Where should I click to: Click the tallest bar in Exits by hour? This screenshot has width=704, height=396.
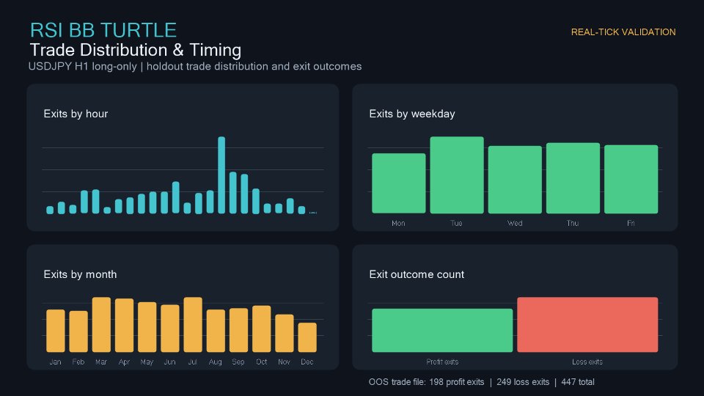221,175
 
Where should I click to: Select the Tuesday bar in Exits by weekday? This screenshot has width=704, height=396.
457,175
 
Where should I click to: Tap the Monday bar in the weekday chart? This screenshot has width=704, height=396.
399,183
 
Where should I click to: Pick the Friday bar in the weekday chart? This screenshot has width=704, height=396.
631,179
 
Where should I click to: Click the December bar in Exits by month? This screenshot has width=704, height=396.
307,337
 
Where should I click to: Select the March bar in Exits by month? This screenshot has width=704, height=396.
101,325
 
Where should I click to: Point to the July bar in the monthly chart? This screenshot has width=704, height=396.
193,325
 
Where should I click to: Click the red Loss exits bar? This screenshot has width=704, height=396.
587,325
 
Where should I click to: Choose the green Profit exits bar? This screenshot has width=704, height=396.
442,331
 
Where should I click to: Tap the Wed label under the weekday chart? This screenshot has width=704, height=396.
515,223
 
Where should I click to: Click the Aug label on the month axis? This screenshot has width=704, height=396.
215,362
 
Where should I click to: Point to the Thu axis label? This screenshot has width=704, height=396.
573,223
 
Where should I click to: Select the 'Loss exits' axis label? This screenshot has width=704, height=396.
587,362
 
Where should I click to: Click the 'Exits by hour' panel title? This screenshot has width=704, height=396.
76,114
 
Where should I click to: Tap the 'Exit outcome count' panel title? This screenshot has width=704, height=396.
417,274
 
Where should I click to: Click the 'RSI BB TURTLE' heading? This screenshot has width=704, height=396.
103,31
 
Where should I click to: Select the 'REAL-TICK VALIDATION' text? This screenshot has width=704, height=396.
623,32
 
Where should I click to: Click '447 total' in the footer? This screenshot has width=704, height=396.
578,382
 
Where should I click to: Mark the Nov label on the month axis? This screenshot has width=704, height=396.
284,362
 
